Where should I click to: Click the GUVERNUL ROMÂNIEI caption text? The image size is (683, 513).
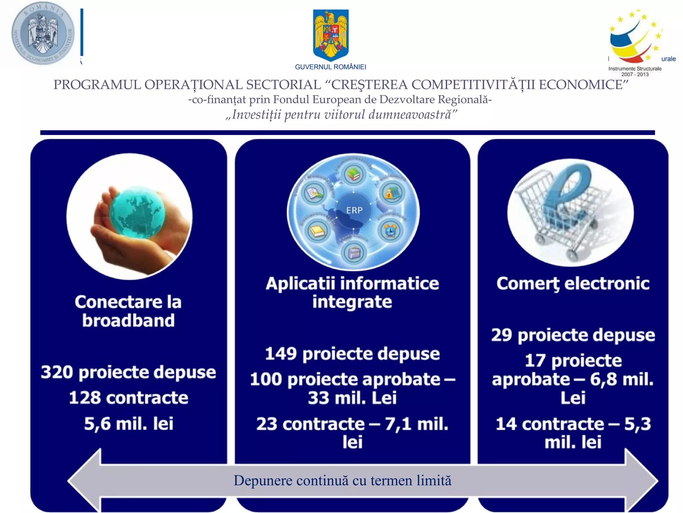(330, 67)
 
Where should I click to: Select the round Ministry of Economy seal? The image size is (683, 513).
(43, 33)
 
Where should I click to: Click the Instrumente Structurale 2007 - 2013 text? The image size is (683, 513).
(635, 71)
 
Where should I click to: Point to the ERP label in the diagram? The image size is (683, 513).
(354, 210)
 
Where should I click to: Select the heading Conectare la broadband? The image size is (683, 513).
(128, 311)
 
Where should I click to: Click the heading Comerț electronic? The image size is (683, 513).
(573, 284)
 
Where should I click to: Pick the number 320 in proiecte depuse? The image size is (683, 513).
(57, 372)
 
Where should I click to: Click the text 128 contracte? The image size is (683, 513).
(128, 398)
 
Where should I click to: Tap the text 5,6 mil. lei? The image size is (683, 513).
(128, 423)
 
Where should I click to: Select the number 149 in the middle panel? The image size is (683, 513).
(280, 354)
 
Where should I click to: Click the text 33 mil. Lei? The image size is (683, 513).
(352, 398)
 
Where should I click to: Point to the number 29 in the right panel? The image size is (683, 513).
(501, 335)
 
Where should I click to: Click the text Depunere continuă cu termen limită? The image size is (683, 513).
(342, 481)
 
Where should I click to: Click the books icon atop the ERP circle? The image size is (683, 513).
(354, 174)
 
